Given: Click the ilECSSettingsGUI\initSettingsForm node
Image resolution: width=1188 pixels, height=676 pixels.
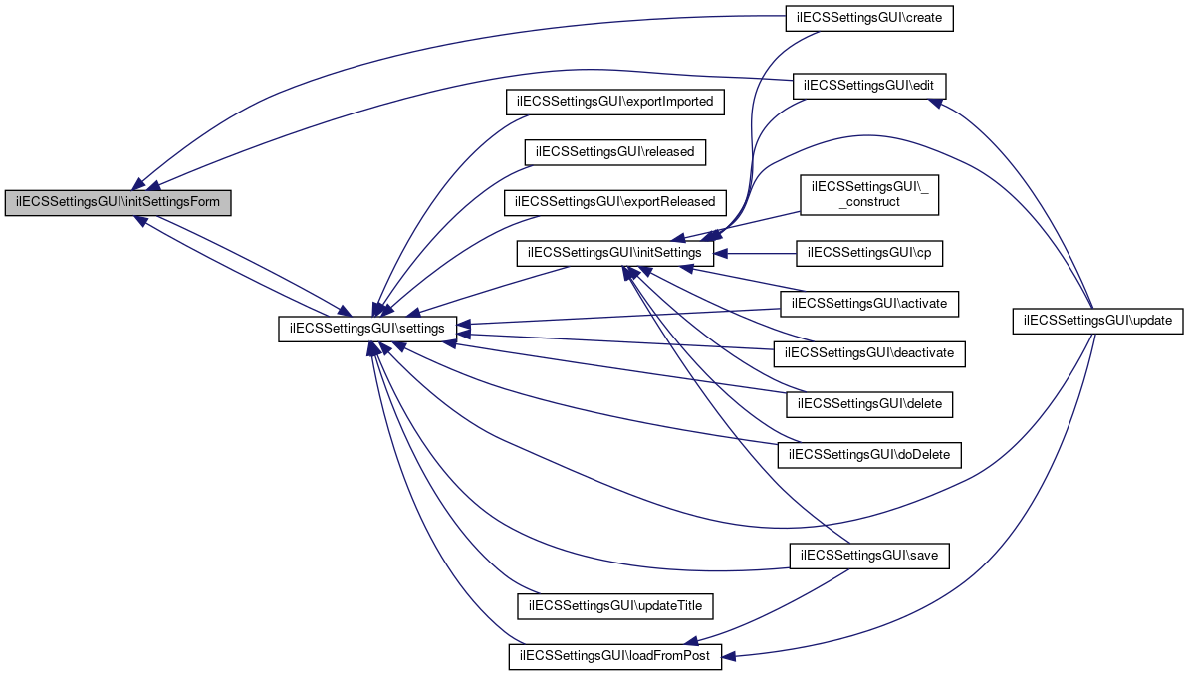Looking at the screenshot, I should coord(119,203).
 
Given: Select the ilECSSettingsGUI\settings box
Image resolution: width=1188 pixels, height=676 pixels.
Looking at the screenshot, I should coord(367,327).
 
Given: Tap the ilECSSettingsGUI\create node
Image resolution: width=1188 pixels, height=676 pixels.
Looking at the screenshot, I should coord(869,18).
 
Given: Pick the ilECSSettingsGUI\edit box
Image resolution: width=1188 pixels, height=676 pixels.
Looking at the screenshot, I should coord(869,86).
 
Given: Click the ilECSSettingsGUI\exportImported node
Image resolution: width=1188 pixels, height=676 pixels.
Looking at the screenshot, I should coord(615,102).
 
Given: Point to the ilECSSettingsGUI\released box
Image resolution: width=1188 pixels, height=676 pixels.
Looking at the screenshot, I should coord(615,152).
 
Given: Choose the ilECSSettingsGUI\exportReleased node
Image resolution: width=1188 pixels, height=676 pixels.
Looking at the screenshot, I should coord(615,202).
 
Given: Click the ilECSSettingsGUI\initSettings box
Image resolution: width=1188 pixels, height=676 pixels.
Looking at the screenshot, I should coord(615,254).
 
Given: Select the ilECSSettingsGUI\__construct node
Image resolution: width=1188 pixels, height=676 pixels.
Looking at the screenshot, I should coord(869,194).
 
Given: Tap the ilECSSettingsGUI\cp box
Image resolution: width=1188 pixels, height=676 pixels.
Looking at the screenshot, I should coord(869,254).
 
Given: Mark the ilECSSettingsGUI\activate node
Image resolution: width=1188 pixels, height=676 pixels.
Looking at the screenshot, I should coord(869,303).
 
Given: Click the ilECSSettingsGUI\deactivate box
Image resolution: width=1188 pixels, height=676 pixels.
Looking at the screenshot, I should coord(869,353).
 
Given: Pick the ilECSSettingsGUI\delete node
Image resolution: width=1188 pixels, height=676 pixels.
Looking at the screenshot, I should coord(869,404).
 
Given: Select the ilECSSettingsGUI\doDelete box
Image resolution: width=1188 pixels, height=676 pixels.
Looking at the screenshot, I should coord(869,455).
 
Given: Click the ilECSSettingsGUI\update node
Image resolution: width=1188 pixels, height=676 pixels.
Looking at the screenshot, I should coord(1098,321).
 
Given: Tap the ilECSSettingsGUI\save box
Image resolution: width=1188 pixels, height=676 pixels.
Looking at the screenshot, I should coord(869,556).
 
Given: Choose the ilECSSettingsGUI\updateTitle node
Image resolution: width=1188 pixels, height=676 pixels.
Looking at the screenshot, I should coord(615,605).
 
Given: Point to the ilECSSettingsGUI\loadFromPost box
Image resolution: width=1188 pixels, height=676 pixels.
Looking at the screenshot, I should coord(615,657).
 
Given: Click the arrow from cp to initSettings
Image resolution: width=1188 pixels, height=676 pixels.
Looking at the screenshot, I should coord(757,254).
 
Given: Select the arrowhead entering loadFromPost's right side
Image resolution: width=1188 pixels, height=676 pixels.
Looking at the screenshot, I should coord(730,657).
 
